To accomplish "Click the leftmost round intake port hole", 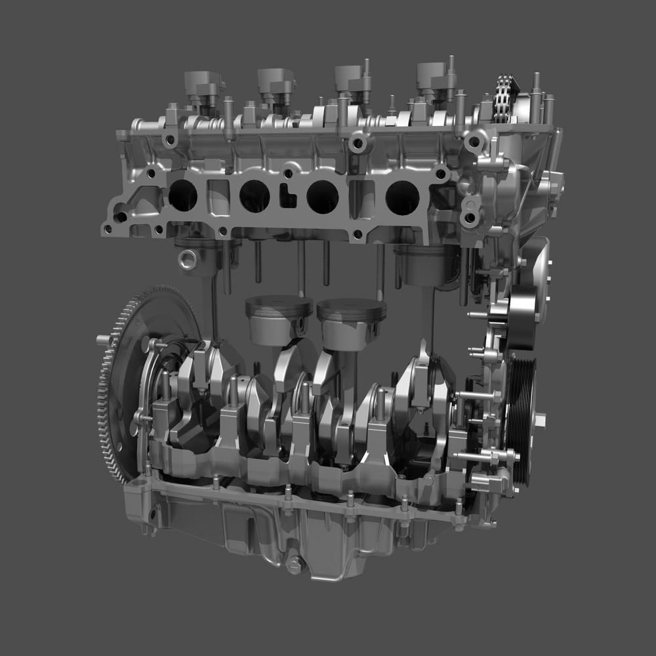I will [x=182, y=195].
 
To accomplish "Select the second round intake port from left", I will [x=255, y=195].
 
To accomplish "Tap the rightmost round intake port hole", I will [x=402, y=197].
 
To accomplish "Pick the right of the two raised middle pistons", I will [x=351, y=321].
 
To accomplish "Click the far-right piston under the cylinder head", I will [x=425, y=266].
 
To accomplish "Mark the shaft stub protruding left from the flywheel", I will [x=102, y=339].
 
